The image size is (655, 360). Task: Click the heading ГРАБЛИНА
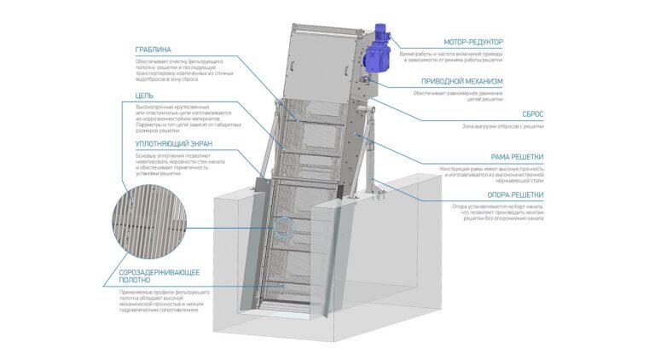tap(154, 49)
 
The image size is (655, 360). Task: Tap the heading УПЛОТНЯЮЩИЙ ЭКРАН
tap(174, 144)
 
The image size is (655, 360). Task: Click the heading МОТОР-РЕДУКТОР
tap(473, 42)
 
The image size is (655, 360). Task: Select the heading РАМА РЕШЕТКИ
tap(517, 157)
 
